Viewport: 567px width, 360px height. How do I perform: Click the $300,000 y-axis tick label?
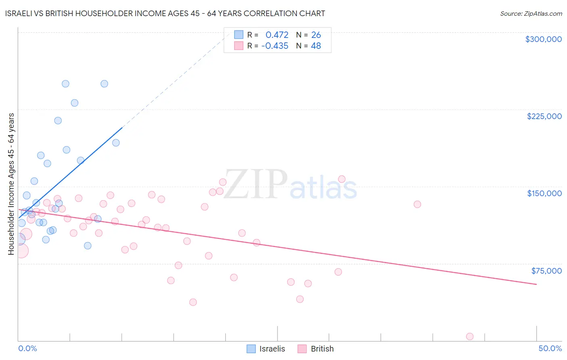point(543,39)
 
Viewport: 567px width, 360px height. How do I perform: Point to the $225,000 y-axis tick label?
point(544,116)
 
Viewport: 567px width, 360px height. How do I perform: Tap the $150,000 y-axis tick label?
point(544,193)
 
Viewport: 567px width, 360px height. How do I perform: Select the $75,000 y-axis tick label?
point(546,271)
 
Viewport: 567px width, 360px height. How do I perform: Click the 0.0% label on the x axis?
point(27,348)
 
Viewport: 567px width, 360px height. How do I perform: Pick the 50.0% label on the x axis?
point(550,348)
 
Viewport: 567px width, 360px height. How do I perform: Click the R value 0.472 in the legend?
point(277,35)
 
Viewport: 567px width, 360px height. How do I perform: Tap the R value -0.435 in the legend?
point(275,46)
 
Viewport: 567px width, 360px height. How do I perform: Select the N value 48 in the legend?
point(315,46)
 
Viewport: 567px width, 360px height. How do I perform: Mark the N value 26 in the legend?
point(316,35)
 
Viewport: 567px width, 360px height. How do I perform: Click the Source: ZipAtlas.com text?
point(531,13)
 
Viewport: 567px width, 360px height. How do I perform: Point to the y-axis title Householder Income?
point(11,184)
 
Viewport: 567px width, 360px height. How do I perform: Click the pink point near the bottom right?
point(469,337)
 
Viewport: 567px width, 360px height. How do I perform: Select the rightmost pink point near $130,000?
point(417,204)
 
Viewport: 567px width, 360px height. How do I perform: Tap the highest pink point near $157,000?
point(342,179)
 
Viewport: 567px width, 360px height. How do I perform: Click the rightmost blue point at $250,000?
point(104,84)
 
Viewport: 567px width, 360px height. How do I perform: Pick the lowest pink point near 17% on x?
point(193,302)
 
